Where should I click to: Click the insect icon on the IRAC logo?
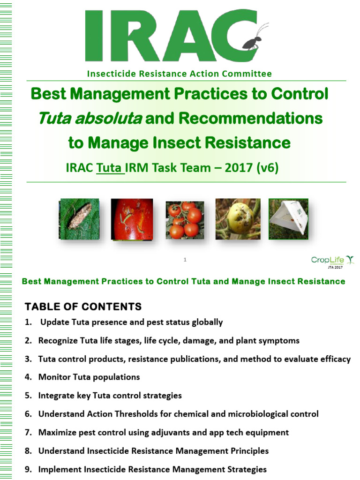253,40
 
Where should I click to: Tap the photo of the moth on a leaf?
79,218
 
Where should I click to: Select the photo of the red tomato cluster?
185,220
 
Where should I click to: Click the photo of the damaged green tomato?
238,219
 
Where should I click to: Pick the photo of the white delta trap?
288,219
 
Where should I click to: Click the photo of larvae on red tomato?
132,219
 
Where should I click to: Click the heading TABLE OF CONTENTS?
83,307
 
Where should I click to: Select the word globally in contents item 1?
206,322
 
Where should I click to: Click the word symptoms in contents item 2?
279,341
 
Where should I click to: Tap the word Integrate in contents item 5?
57,396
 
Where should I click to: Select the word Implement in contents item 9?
60,469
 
